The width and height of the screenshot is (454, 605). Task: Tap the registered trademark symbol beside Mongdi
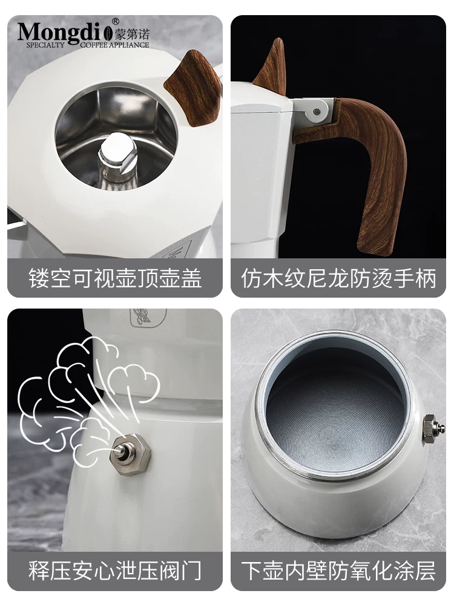tap(116, 22)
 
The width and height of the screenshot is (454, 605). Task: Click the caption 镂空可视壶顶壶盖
tap(115, 279)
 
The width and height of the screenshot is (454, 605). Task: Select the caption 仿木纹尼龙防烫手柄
tap(338, 279)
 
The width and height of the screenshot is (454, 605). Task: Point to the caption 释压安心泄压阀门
tap(115, 571)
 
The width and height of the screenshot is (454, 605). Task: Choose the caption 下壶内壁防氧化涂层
tap(338, 571)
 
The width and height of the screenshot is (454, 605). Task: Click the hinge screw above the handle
tap(315, 111)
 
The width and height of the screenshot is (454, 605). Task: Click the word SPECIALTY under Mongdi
tap(42, 45)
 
